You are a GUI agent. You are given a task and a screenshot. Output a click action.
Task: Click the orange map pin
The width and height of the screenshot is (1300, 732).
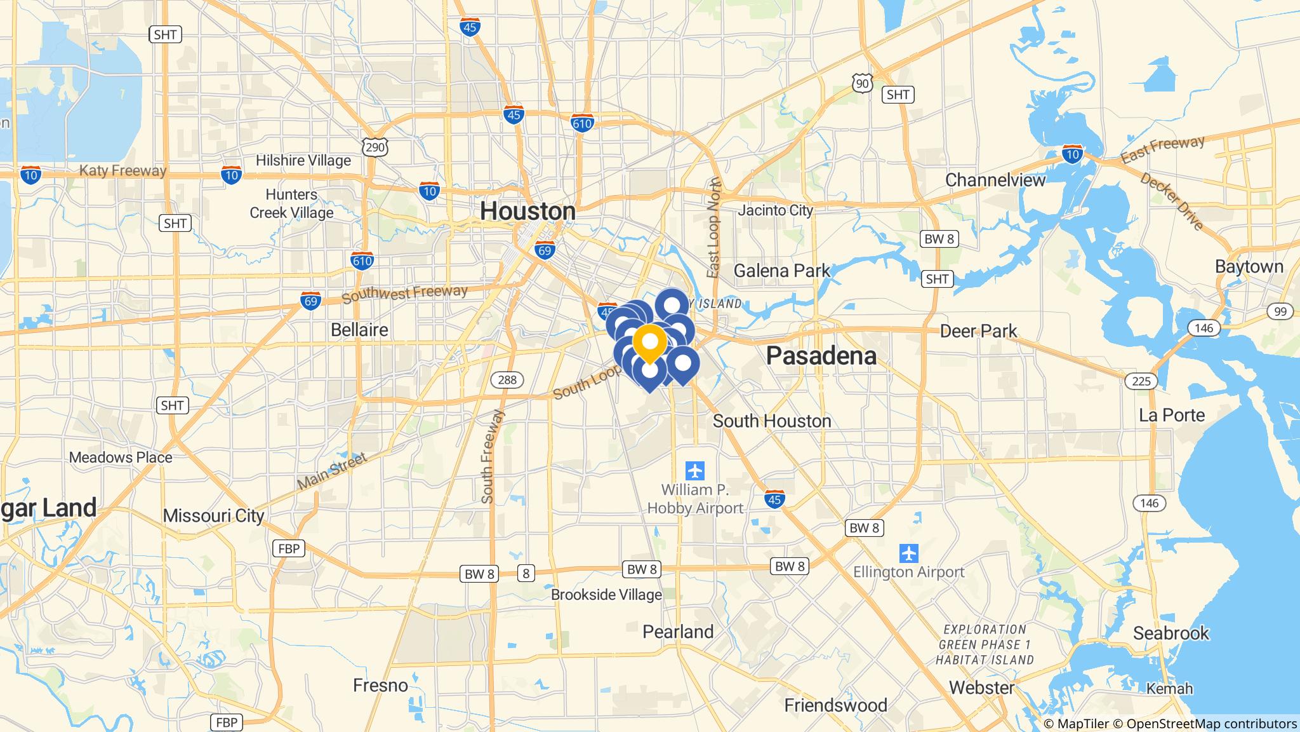(649, 342)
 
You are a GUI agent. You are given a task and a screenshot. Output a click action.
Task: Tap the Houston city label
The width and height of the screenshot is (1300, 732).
(527, 211)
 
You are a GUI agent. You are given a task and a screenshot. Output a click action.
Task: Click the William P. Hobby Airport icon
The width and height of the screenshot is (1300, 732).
(695, 471)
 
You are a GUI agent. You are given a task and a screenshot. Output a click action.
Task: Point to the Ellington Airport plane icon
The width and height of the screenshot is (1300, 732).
(909, 552)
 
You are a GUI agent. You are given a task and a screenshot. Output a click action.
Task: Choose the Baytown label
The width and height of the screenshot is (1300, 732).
(1249, 267)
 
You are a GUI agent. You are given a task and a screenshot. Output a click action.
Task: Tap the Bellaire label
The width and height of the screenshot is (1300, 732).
(359, 330)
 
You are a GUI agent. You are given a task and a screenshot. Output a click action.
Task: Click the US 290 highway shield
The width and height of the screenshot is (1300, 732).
(375, 148)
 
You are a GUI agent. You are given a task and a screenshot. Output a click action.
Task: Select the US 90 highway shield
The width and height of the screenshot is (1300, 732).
(861, 83)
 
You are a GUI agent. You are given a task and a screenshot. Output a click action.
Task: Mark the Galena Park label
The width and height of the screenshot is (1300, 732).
(781, 271)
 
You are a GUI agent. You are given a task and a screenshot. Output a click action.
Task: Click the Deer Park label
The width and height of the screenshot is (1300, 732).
(978, 331)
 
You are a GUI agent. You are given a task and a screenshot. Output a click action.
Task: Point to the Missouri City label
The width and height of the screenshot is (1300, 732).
(213, 515)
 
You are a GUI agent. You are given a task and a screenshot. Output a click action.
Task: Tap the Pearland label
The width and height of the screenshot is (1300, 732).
(678, 632)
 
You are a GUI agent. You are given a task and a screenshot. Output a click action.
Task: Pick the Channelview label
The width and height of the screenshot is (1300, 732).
(995, 180)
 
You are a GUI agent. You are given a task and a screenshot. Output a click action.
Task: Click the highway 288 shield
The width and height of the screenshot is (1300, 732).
(507, 380)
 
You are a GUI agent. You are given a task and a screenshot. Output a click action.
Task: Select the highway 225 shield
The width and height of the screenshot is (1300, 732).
(1141, 381)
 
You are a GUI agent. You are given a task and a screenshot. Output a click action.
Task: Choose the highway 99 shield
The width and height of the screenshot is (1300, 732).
(1280, 311)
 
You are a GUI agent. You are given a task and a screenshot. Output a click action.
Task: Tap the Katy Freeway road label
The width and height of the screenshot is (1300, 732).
(123, 170)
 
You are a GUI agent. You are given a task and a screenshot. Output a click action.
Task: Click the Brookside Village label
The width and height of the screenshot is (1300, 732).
(606, 595)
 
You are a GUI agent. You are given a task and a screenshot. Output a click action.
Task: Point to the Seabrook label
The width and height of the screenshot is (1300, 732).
(1171, 634)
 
